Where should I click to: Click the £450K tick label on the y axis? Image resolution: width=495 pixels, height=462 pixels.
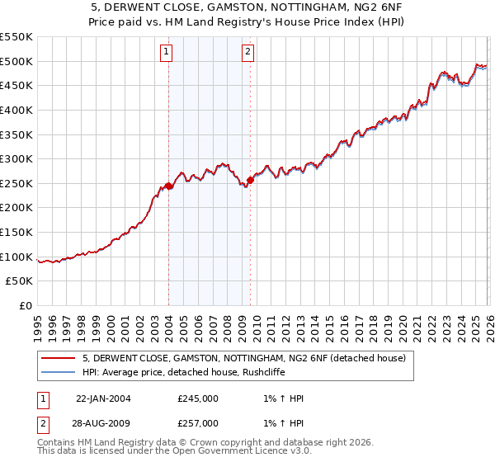(16, 85)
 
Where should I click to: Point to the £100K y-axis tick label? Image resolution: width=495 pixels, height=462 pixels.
(16, 257)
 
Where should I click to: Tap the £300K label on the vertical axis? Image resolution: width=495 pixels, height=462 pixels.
(16, 158)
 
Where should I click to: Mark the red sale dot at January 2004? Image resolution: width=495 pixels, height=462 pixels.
(169, 186)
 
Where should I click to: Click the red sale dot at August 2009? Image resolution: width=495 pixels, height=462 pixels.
(250, 180)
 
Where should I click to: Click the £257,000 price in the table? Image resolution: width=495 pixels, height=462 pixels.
(197, 422)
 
